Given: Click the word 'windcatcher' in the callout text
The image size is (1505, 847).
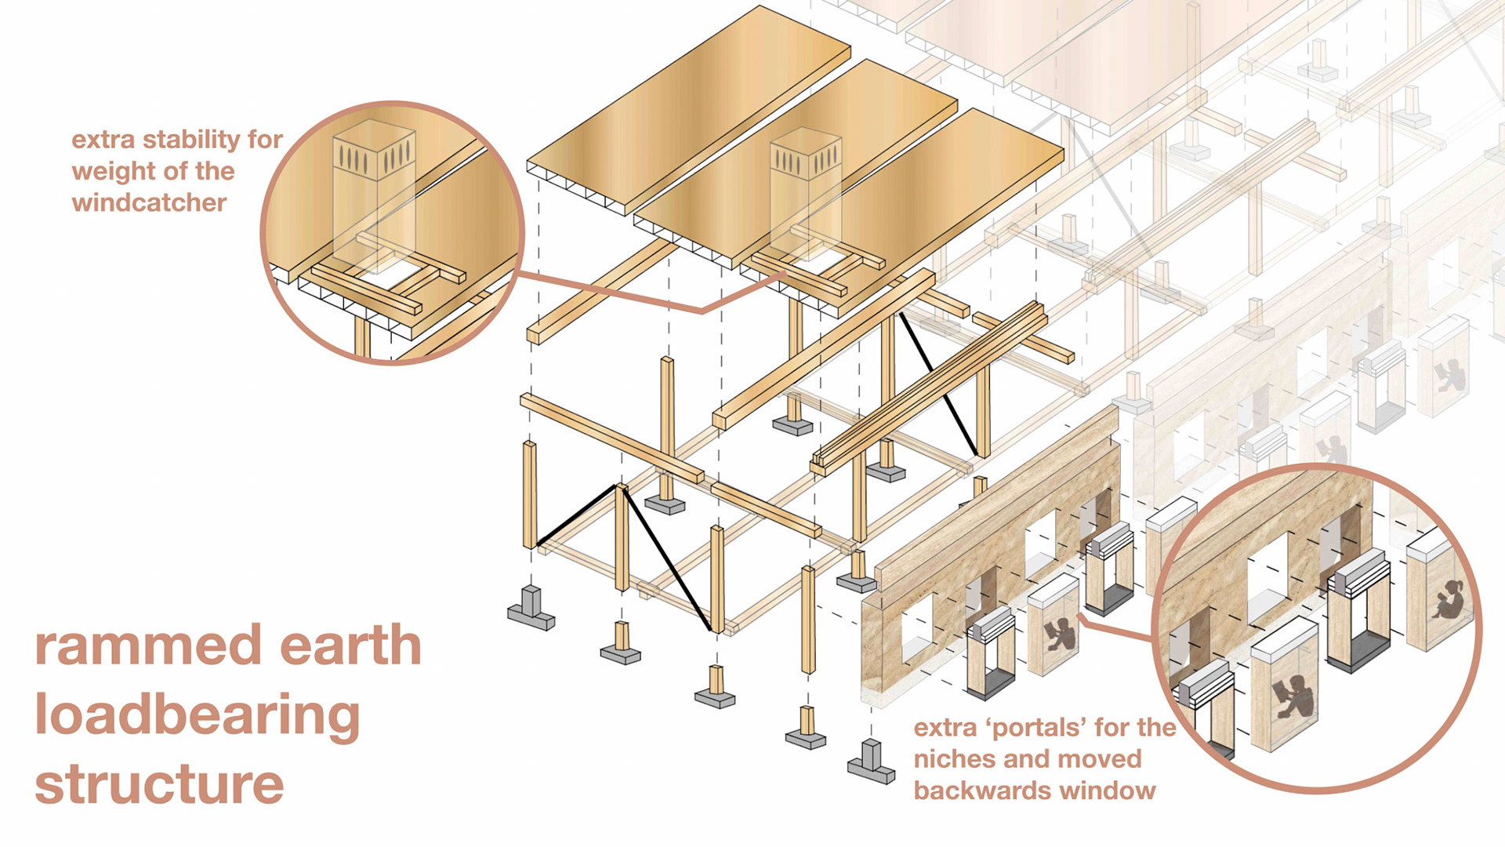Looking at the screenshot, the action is (x=149, y=203).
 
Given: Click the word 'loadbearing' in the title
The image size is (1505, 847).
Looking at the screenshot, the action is (x=197, y=715).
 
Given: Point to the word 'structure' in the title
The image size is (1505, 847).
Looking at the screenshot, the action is (x=159, y=784).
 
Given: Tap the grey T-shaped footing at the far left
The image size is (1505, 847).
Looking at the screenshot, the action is (x=531, y=609).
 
